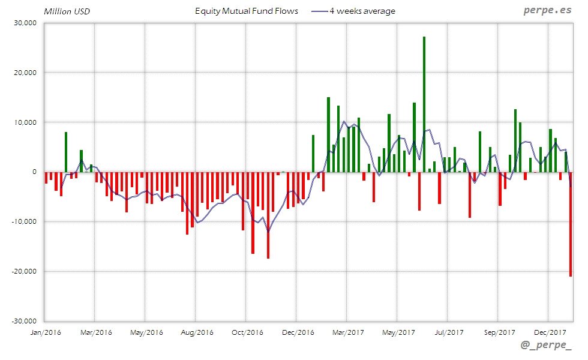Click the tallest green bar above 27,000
point(424,104)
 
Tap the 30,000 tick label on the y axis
point(26,23)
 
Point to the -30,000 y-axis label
point(25,321)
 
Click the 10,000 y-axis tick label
point(26,122)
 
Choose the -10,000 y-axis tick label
point(25,221)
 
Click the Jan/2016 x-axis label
point(46,332)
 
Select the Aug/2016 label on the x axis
point(196,332)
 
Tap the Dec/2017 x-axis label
point(550,332)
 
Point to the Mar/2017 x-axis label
point(347,332)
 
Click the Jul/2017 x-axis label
point(448,332)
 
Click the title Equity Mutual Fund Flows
point(247,11)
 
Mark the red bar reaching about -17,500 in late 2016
point(268,215)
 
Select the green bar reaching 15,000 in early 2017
point(328,134)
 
